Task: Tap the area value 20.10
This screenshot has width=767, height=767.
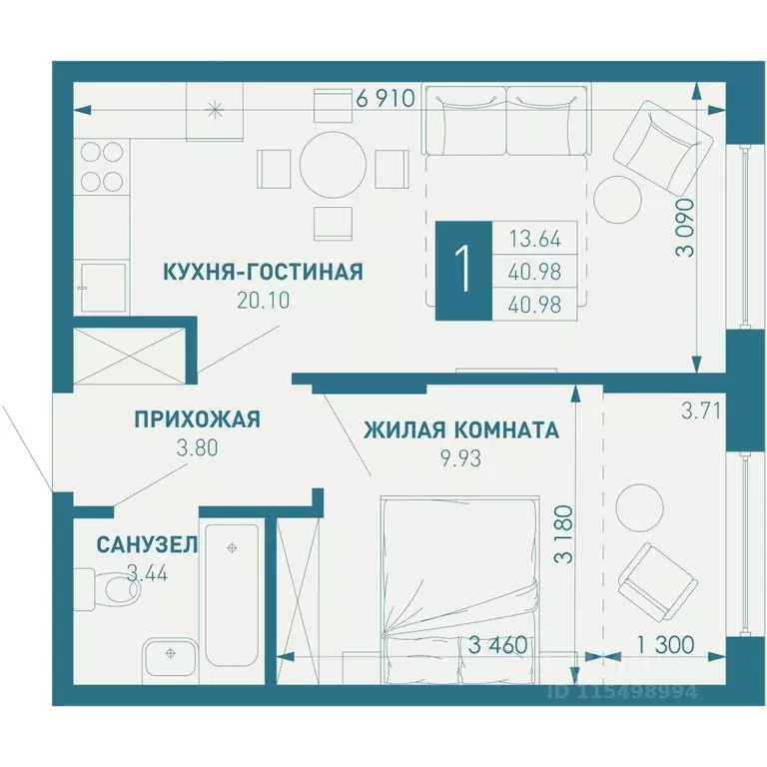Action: click(x=264, y=301)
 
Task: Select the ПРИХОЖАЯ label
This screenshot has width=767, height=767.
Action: click(x=197, y=419)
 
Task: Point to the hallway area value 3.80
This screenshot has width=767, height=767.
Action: click(x=196, y=447)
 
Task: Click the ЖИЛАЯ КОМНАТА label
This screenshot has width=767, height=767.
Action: click(x=460, y=430)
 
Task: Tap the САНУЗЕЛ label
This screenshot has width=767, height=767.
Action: click(x=147, y=545)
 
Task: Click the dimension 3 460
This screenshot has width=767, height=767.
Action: click(x=496, y=644)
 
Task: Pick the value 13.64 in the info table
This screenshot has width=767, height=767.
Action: click(x=534, y=239)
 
